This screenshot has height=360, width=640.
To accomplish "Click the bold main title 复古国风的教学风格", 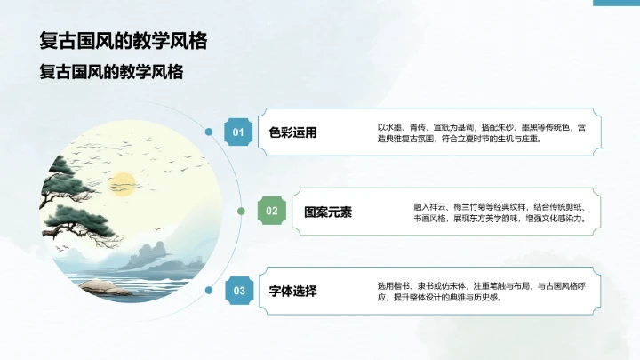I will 117,42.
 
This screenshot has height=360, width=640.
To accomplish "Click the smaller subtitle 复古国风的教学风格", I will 111,72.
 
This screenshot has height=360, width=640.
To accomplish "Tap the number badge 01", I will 237,132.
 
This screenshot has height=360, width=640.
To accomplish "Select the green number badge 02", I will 272,211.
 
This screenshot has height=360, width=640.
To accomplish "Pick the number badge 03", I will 237,290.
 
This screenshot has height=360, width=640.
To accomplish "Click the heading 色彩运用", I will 292,133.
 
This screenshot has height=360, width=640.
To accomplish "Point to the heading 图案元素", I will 328,212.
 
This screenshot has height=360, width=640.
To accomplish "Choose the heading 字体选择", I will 292,291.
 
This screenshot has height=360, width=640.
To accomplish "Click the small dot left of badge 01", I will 209,132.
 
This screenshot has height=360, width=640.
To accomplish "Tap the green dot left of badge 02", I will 241,211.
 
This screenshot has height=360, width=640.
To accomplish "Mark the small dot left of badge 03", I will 209,290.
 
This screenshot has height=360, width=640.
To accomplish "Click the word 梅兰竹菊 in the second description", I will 478,205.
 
